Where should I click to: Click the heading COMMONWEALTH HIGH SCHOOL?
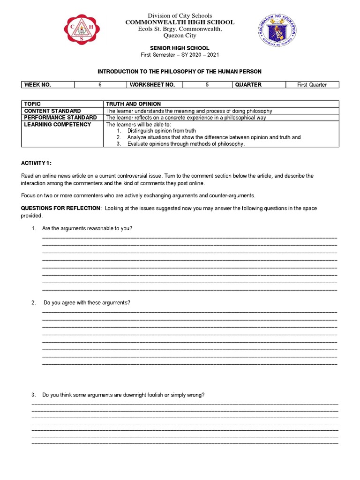coord(180,22)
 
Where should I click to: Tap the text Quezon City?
coord(180,36)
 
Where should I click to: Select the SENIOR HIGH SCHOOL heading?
coord(180,48)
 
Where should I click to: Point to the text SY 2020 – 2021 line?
coord(180,55)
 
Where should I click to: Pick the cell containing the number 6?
coord(100,85)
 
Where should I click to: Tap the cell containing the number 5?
coord(207,85)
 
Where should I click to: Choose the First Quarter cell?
coord(312,85)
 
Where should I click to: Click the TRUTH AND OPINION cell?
coord(134,104)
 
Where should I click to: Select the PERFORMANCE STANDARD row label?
coord(60,117)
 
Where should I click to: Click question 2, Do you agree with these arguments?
coord(87,303)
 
